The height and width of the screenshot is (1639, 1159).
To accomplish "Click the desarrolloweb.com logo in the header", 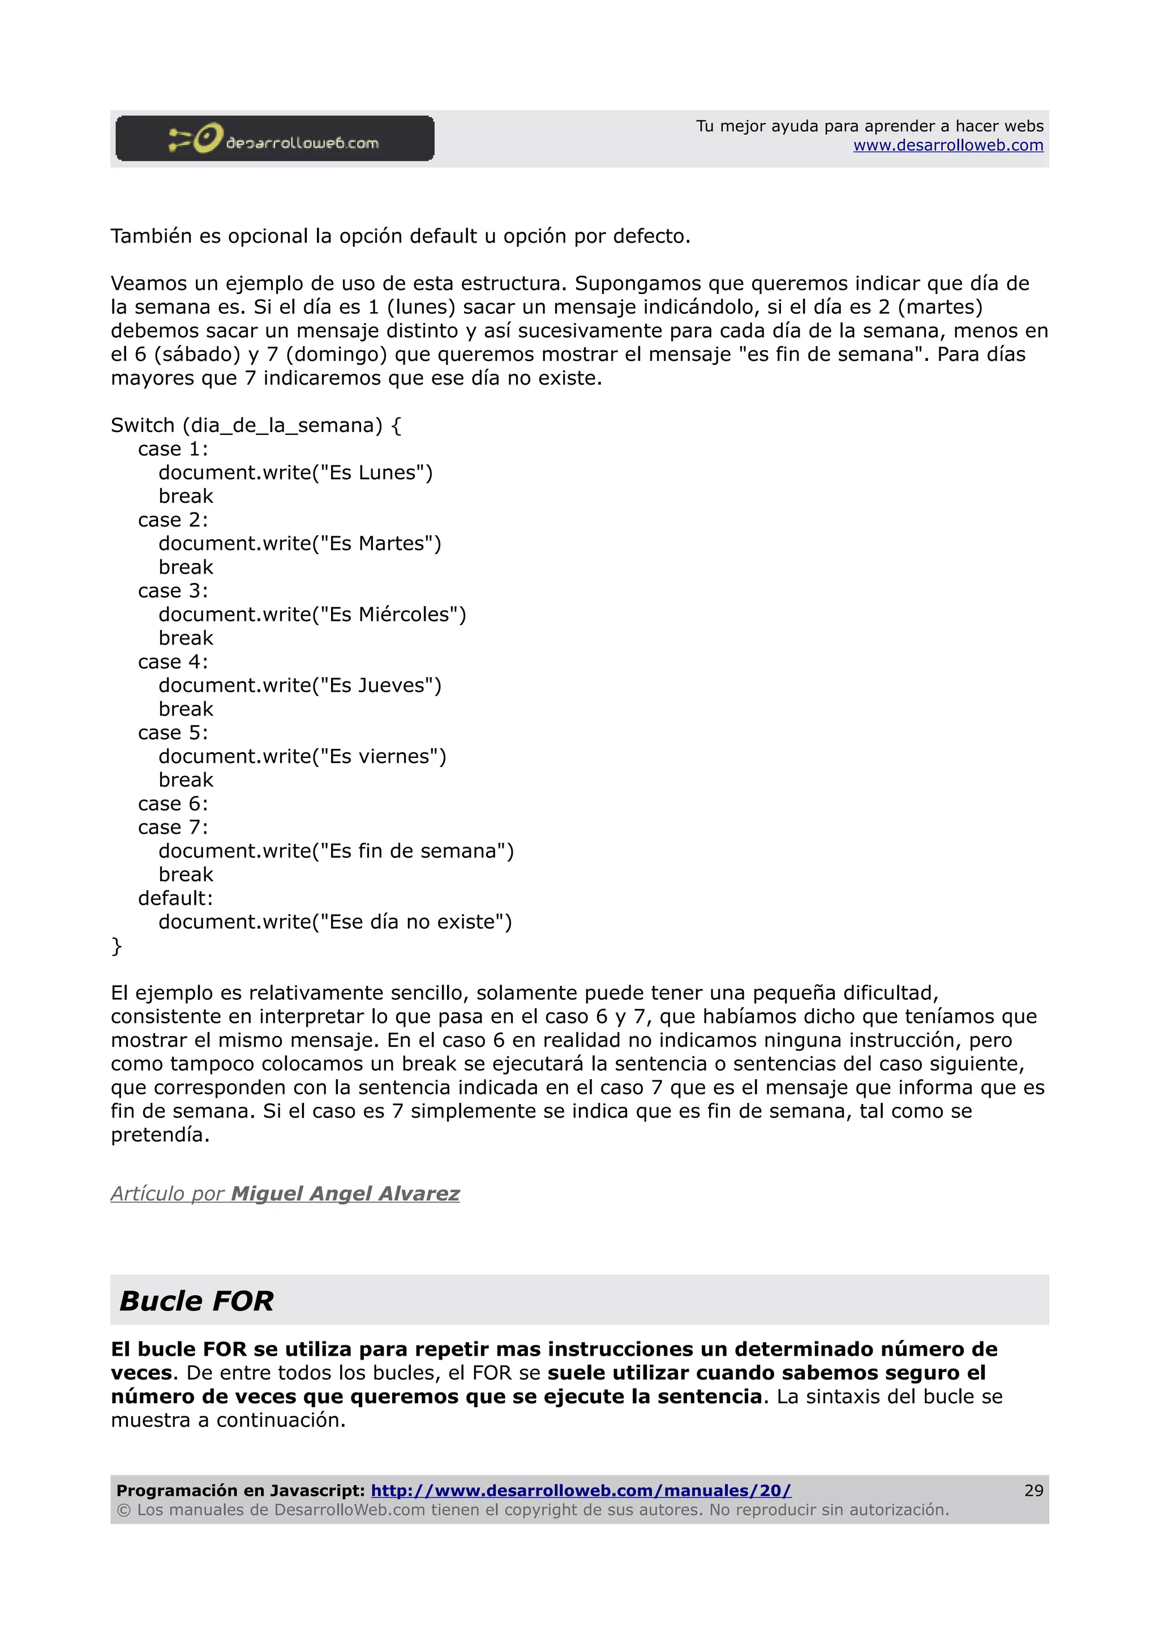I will (275, 139).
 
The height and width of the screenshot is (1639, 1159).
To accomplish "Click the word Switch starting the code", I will (142, 425).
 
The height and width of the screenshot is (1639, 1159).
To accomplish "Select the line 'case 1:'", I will (173, 449).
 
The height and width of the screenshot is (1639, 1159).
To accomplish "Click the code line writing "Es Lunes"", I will (295, 473).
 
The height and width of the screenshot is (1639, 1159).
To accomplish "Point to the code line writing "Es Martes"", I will (299, 544).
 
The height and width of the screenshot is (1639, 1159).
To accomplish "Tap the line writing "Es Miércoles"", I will (311, 615).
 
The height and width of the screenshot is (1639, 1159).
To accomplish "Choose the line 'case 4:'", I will (173, 662).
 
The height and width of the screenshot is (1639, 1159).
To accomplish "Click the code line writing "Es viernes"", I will (302, 756).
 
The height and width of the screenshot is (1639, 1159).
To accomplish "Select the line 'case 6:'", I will (173, 804).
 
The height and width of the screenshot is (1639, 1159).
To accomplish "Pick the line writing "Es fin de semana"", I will (336, 851).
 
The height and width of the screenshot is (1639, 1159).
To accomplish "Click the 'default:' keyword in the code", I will (175, 898).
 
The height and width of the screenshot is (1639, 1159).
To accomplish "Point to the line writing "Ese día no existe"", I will (335, 921).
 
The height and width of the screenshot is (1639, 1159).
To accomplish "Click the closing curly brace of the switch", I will (117, 946).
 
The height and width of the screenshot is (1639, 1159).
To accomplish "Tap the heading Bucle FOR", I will (196, 1301).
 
